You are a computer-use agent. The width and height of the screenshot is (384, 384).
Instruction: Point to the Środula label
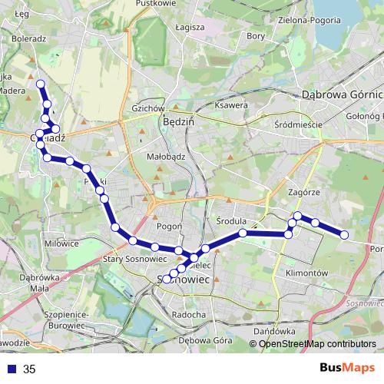(230, 220)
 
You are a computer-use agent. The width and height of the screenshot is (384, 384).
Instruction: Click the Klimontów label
(306, 273)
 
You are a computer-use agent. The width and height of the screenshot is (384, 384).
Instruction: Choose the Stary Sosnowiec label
(128, 260)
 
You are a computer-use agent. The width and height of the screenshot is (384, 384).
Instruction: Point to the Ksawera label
(230, 105)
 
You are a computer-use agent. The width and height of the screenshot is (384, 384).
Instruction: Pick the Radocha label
(189, 314)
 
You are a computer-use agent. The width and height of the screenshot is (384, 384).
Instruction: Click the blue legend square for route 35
(13, 369)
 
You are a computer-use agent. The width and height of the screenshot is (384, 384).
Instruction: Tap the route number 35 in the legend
(30, 369)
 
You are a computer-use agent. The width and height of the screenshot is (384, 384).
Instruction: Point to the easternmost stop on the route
(344, 234)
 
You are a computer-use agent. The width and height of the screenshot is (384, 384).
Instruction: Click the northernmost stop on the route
(41, 84)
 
